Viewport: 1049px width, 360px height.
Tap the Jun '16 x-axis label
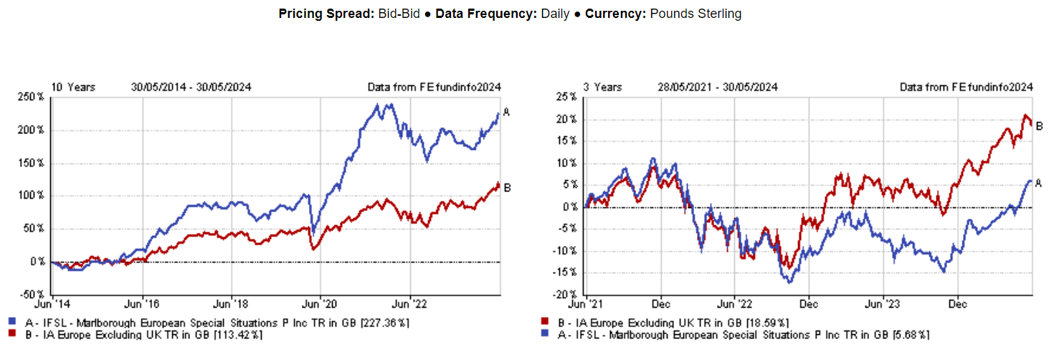pyautogui.click(x=143, y=304)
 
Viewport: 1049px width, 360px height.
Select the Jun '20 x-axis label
pyautogui.click(x=321, y=304)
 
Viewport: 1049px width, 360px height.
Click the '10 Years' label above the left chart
pyautogui.click(x=72, y=87)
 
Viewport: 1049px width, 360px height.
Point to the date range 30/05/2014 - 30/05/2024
pyautogui.click(x=191, y=87)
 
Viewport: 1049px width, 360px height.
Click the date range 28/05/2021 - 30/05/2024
pyautogui.click(x=717, y=87)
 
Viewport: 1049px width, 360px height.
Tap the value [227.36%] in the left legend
pyautogui.click(x=387, y=323)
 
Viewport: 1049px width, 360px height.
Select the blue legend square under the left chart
pyautogui.click(x=13, y=323)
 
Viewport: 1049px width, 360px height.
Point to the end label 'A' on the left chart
pyautogui.click(x=506, y=112)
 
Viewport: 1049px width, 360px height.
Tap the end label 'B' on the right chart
pyautogui.click(x=1038, y=126)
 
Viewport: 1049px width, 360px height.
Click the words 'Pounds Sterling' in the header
pyautogui.click(x=696, y=14)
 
